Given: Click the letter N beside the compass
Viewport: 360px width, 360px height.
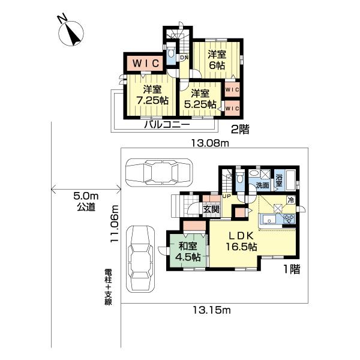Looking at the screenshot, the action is click(x=62, y=18).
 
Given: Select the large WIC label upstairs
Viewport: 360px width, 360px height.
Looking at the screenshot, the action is click(x=146, y=63).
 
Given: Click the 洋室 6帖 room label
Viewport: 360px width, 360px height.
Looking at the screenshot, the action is click(x=217, y=60).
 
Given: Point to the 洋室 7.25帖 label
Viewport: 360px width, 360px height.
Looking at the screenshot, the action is click(x=152, y=95).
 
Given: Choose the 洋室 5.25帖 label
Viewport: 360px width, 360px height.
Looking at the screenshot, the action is click(x=200, y=99).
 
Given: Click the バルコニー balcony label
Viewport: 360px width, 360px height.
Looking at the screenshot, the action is click(x=167, y=125).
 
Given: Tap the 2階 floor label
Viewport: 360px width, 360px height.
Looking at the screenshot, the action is click(x=240, y=130).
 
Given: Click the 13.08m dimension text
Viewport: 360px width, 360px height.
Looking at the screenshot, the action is click(x=211, y=143).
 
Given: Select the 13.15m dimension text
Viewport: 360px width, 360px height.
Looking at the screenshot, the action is click(x=211, y=310).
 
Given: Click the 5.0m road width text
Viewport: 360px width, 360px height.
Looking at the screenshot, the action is click(x=86, y=196).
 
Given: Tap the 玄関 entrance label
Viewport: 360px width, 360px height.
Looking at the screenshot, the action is click(x=211, y=209).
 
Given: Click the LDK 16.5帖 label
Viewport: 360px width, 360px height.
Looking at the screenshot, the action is click(x=242, y=241).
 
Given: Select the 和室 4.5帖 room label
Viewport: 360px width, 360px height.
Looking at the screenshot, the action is click(x=188, y=251).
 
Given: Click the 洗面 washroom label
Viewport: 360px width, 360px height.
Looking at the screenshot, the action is click(x=262, y=185).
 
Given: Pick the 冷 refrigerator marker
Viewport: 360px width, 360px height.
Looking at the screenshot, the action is click(x=291, y=200).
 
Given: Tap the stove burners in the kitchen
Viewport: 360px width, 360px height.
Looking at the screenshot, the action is click(x=289, y=219).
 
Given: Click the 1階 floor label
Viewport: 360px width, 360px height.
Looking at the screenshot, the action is click(x=292, y=269).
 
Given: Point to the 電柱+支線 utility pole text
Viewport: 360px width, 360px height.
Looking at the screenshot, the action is click(x=108, y=287).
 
